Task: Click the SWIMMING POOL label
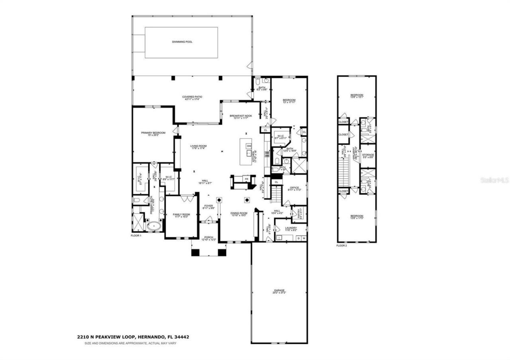tap(182, 42)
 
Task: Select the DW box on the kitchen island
tap(249, 146)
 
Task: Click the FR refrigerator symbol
tap(246, 179)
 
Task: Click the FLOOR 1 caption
tap(136, 236)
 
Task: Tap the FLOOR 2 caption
tap(341, 246)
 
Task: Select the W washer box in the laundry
tap(304, 238)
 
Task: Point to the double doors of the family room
tap(185, 198)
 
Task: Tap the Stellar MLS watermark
tap(494, 180)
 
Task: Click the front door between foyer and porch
tap(208, 222)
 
